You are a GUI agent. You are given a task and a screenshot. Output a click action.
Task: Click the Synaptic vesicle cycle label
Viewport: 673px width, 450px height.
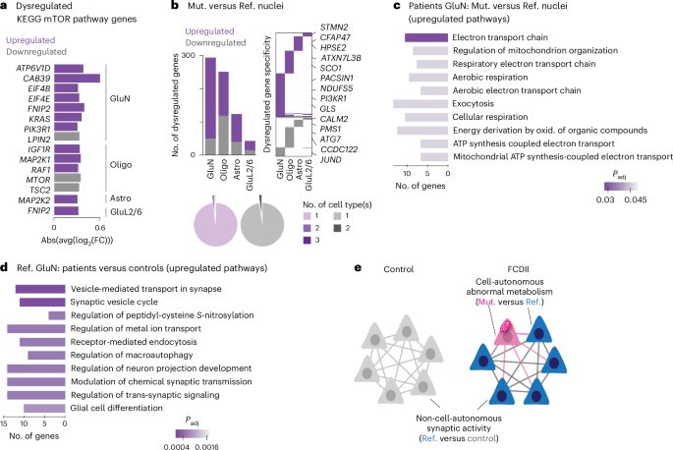coord(113,301)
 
